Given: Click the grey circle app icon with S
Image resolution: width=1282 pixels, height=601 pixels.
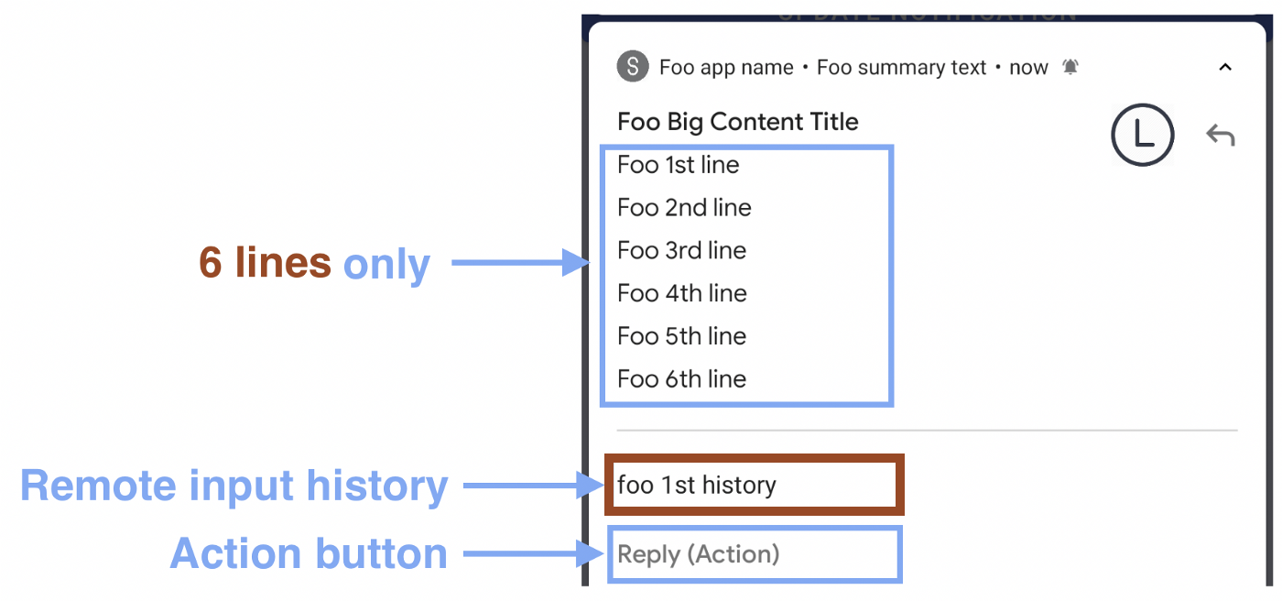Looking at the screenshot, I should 633,67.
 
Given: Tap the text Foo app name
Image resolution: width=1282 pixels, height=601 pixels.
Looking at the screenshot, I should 726,68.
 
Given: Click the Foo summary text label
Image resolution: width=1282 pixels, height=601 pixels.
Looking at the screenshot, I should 901,68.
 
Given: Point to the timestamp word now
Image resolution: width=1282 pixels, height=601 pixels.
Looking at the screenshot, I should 1028,68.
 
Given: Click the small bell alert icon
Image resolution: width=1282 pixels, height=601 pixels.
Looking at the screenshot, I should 1070,67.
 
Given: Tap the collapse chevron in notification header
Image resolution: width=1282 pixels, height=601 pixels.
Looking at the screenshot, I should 1225,67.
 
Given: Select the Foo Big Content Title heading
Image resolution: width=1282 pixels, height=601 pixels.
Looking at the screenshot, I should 738,122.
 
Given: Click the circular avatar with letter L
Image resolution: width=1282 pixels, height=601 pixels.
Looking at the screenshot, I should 1142,135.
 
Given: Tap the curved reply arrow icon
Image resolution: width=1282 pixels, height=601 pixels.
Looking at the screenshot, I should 1220,136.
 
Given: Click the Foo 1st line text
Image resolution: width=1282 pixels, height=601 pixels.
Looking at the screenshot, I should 679,165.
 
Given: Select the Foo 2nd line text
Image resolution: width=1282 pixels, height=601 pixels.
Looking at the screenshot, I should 684,208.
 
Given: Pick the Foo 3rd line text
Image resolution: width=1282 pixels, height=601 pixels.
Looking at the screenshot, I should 681,251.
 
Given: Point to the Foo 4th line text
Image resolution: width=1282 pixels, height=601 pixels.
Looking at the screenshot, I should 682,293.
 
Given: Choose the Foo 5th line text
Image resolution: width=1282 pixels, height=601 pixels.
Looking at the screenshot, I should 681,336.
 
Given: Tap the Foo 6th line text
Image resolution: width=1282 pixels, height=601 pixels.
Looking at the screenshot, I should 681,379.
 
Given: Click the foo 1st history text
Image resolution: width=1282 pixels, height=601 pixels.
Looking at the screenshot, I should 697,485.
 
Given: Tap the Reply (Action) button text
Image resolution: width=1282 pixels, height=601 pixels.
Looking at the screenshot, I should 699,554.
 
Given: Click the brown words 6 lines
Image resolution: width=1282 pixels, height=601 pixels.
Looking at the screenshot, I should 265,264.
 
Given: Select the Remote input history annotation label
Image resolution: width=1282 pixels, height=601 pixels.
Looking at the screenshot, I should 234,486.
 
